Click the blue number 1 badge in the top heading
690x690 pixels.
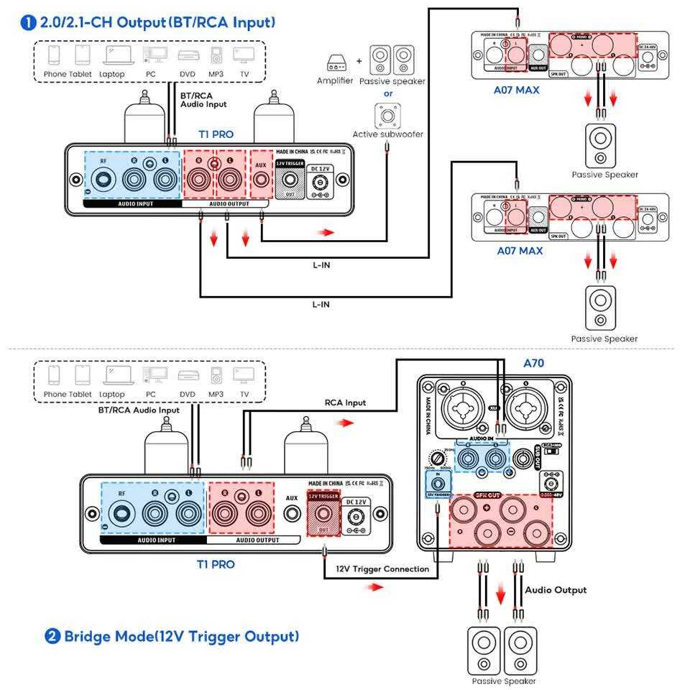click(x=29, y=23)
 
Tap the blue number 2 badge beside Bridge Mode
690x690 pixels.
click(x=52, y=636)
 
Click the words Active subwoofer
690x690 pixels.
click(x=387, y=134)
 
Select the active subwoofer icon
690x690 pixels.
click(x=388, y=115)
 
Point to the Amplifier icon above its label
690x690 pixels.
click(x=335, y=63)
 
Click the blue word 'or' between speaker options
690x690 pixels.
click(x=388, y=93)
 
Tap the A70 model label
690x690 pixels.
click(x=533, y=363)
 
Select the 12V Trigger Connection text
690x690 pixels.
click(x=382, y=569)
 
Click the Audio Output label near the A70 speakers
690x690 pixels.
click(x=556, y=590)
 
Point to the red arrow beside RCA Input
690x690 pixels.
click(x=346, y=423)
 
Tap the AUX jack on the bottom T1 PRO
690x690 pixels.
click(x=292, y=515)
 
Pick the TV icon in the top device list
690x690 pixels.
click(x=244, y=56)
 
